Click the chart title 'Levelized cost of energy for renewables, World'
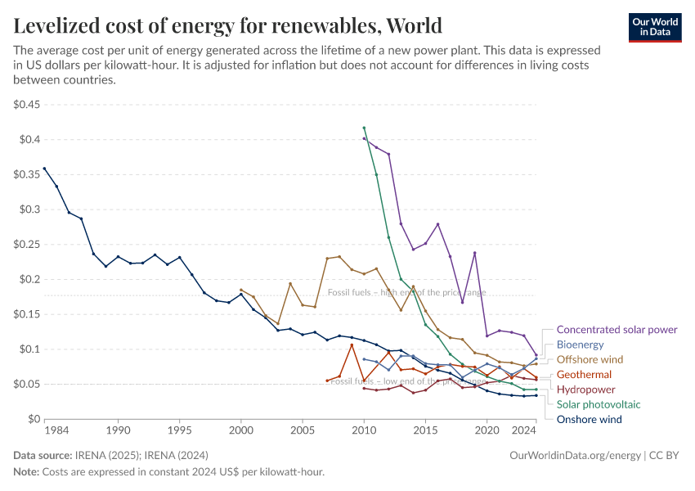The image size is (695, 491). pos(228,25)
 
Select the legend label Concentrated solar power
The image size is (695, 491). pos(617,330)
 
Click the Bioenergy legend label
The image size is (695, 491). pos(580,345)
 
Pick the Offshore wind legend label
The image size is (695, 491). pos(590,359)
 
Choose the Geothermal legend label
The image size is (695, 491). pos(584,375)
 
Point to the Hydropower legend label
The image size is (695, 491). pos(585,390)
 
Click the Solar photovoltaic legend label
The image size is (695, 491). pos(599,404)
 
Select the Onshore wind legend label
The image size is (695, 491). pos(589,419)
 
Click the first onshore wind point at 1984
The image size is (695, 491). pos(44,169)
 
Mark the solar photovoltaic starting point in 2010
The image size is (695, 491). pos(364,128)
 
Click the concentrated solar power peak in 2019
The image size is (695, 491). pos(474,253)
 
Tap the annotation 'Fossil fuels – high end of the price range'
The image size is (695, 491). pos(406,292)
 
